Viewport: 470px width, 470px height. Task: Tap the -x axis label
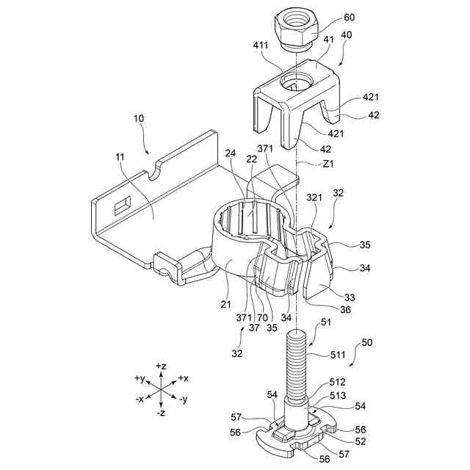pos(140,399)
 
